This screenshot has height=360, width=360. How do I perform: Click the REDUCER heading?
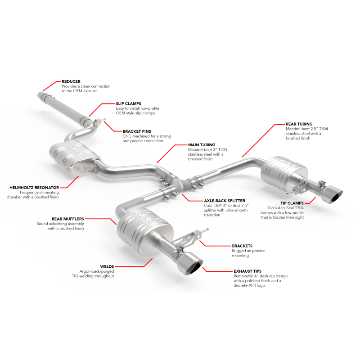[x=71, y=81]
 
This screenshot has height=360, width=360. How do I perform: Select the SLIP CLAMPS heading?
[x=128, y=103]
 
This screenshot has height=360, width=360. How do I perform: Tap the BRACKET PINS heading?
[x=137, y=131]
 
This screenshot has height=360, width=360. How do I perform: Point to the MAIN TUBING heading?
[x=202, y=145]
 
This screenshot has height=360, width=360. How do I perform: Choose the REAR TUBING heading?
[x=299, y=124]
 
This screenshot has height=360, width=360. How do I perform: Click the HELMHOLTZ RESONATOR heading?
[x=34, y=188]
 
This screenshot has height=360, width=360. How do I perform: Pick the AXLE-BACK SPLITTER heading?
[x=225, y=201]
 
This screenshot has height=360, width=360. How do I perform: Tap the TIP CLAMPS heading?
[x=292, y=203]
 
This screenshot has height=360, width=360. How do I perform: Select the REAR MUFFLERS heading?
[x=68, y=219]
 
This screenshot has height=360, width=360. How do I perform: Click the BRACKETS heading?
[x=242, y=246]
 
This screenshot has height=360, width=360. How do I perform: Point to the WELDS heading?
[x=107, y=266]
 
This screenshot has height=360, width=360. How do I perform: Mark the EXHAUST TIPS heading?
[x=247, y=271]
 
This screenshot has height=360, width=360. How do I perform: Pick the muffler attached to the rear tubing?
[x=284, y=172]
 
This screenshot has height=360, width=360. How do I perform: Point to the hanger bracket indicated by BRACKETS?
[x=188, y=239]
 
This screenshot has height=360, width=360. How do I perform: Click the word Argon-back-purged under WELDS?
[x=97, y=271]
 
